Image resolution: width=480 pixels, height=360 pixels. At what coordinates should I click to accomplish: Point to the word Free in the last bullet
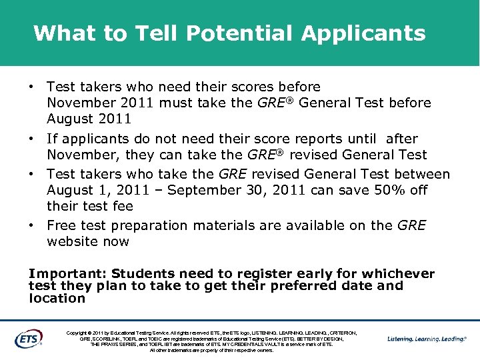coord(61,226)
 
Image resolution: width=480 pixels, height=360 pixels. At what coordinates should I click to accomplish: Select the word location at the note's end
coord(57,298)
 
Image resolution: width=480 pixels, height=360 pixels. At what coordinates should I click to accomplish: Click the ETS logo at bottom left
coord(29,338)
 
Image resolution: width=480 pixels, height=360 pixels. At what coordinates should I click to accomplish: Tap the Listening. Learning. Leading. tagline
coord(427,339)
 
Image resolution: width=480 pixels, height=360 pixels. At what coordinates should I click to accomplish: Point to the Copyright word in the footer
coord(79,333)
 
